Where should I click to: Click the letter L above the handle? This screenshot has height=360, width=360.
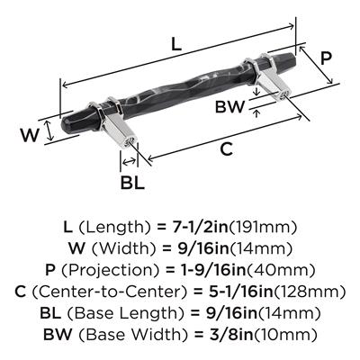point(176,45)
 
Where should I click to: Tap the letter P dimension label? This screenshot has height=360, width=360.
point(325,58)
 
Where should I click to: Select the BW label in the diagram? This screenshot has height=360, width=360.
point(229,107)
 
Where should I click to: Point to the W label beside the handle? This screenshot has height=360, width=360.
point(30,135)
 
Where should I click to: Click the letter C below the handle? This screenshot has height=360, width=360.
point(226,149)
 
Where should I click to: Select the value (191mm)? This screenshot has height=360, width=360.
point(263,228)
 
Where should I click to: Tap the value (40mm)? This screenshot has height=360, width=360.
point(281,270)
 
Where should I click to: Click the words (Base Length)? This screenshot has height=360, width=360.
point(125,313)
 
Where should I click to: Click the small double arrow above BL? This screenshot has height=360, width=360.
point(129,162)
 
